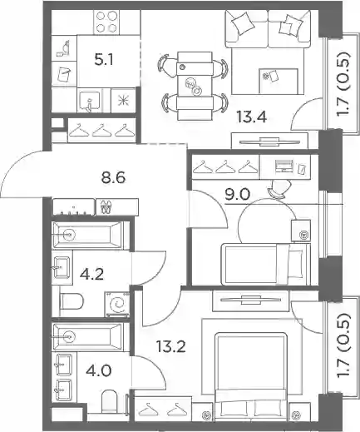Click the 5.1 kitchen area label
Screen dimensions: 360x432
click(104, 60)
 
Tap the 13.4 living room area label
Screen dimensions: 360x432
click(252, 117)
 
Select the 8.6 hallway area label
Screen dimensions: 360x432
click(113, 177)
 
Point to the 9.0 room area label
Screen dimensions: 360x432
click(237, 194)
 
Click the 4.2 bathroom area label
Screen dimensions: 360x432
click(91, 275)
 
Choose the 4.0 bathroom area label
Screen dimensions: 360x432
click(99, 370)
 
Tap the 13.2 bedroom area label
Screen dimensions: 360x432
click(170, 347)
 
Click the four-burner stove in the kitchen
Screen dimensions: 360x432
click(106, 21)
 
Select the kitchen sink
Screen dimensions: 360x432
click(89, 101)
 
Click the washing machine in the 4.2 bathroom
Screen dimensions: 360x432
click(117, 304)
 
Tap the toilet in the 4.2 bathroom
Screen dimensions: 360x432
click(72, 301)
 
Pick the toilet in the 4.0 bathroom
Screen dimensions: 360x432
click(110, 401)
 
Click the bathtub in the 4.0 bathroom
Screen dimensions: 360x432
click(88, 336)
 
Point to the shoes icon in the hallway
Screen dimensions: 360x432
click(106, 206)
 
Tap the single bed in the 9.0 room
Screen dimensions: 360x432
click(265, 264)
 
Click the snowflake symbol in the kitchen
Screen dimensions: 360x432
click(123, 101)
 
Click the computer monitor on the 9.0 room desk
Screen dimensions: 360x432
click(284, 166)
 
